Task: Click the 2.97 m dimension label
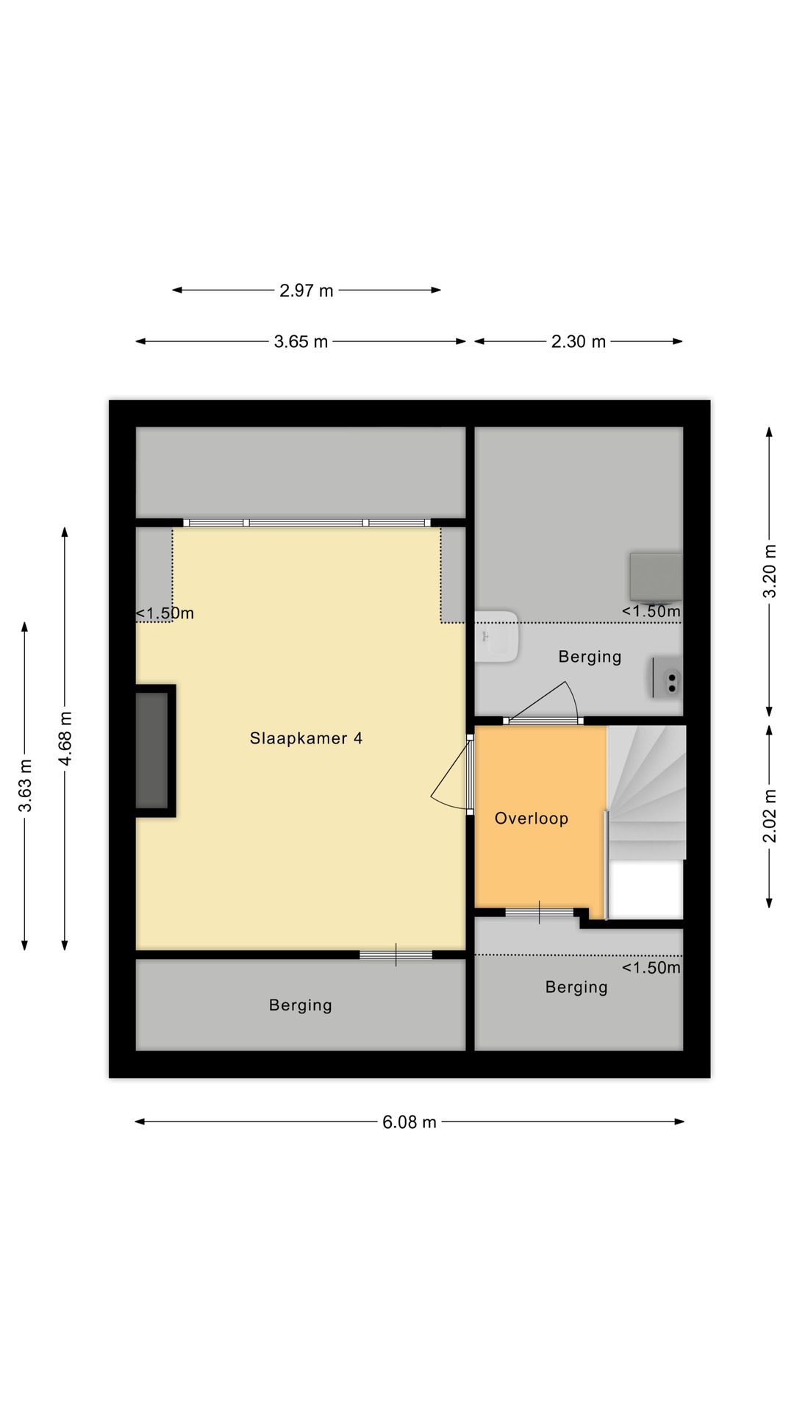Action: pyautogui.click(x=306, y=290)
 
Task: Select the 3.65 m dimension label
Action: pyautogui.click(x=301, y=342)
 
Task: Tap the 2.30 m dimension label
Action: pyautogui.click(x=579, y=342)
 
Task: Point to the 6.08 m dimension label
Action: pyautogui.click(x=409, y=1122)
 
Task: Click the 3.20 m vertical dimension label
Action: pyautogui.click(x=770, y=571)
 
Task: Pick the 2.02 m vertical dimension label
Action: pyautogui.click(x=770, y=816)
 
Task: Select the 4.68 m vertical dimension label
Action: pyautogui.click(x=65, y=738)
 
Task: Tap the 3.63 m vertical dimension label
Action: pyautogui.click(x=25, y=785)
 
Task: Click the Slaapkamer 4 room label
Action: pyautogui.click(x=306, y=738)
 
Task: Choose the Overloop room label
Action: pyautogui.click(x=531, y=819)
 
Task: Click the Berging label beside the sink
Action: pyautogui.click(x=590, y=657)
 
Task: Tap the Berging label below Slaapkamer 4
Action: pyautogui.click(x=300, y=1005)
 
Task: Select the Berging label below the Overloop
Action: pyautogui.click(x=576, y=987)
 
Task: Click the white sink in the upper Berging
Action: pyautogui.click(x=497, y=637)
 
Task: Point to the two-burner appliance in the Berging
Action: pyautogui.click(x=668, y=678)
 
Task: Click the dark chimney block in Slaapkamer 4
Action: pyautogui.click(x=152, y=750)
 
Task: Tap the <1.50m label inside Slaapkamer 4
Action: pyautogui.click(x=165, y=613)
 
